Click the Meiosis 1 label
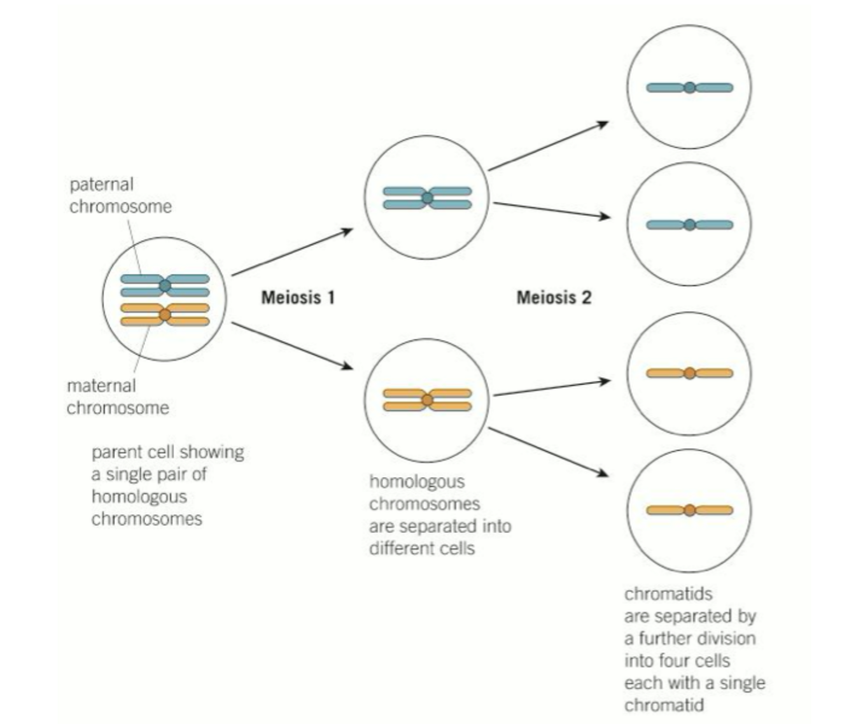click(x=298, y=297)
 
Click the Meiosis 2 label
click(x=554, y=297)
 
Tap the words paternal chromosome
click(x=120, y=195)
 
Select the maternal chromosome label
click(x=118, y=396)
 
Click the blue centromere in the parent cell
click(x=165, y=285)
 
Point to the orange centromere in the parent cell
click(x=165, y=315)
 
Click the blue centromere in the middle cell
click(x=427, y=198)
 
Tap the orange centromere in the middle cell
click(x=427, y=400)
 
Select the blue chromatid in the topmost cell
click(x=689, y=88)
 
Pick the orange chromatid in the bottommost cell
click(x=689, y=510)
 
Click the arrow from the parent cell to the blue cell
click(x=291, y=252)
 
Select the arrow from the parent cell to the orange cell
click(x=291, y=346)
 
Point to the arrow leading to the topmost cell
click(x=547, y=146)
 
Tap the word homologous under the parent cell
click(x=139, y=496)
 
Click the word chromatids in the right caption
click(x=668, y=594)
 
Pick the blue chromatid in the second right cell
click(x=689, y=225)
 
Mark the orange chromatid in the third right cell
click(x=689, y=373)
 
